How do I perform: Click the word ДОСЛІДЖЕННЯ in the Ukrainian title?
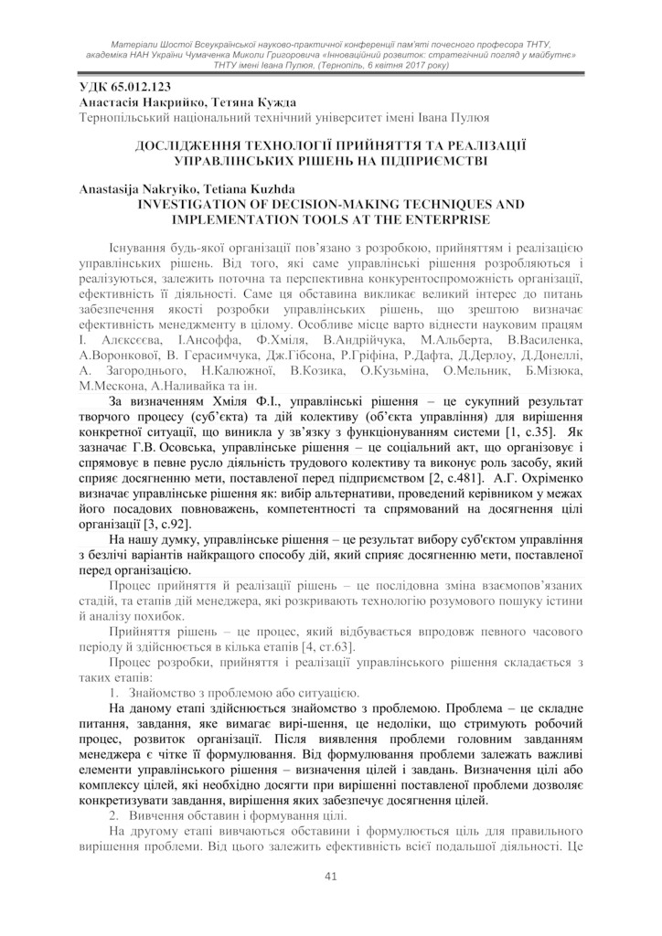tap(193, 145)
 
